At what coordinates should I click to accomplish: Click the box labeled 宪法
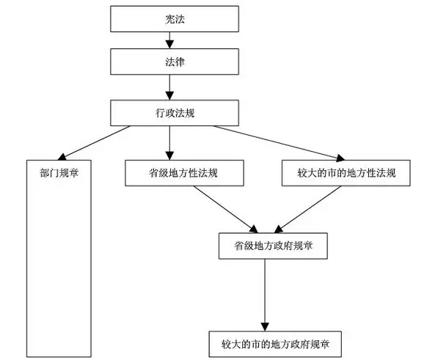(175, 19)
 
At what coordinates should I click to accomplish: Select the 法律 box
(175, 62)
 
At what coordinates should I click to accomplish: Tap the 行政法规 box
(175, 113)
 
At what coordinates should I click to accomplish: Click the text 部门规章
(59, 173)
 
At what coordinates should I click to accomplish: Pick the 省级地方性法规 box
(184, 173)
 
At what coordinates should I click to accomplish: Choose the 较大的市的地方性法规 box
(346, 173)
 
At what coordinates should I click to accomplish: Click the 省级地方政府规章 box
(273, 246)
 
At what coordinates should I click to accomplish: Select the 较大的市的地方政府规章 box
(275, 344)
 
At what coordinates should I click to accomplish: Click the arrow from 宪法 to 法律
(169, 40)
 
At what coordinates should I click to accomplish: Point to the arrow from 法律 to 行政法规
(169, 87)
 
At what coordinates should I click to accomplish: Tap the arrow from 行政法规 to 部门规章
(94, 143)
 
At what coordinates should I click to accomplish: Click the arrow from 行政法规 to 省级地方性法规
(169, 143)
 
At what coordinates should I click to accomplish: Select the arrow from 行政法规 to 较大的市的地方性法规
(279, 143)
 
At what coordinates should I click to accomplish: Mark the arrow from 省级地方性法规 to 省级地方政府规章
(226, 210)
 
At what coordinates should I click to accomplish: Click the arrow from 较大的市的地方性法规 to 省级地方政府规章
(307, 210)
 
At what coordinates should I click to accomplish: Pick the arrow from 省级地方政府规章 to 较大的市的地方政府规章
(265, 295)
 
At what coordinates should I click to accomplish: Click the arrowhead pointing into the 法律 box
(169, 45)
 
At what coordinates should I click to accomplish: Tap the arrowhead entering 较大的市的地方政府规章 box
(265, 327)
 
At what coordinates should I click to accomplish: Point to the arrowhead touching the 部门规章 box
(62, 157)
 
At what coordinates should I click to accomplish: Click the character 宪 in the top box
(169, 19)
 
